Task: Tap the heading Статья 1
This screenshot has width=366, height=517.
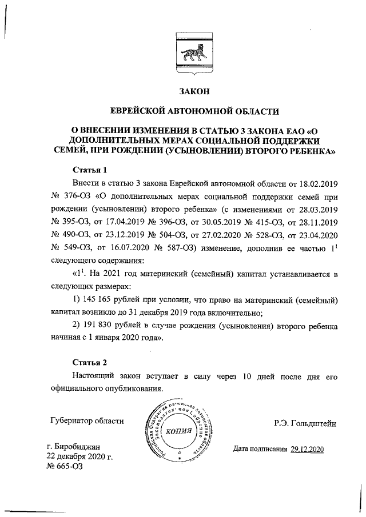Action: click(x=90, y=170)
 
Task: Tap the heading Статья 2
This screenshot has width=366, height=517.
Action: click(x=90, y=362)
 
